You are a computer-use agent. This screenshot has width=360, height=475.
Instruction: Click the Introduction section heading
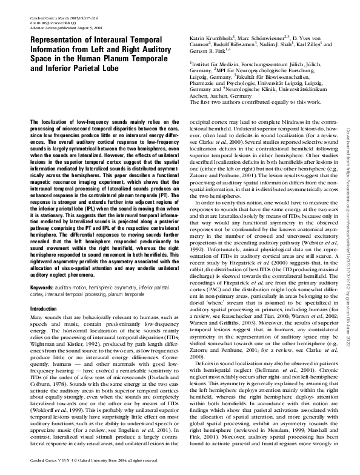tap(44, 309)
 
